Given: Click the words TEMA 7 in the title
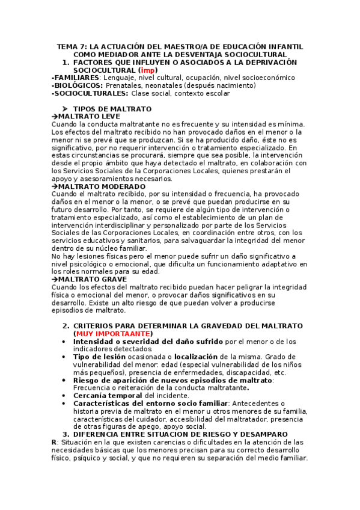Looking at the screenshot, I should tap(72, 46).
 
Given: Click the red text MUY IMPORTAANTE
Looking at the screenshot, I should tap(112, 334).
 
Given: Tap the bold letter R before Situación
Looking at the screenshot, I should tap(55, 442).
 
